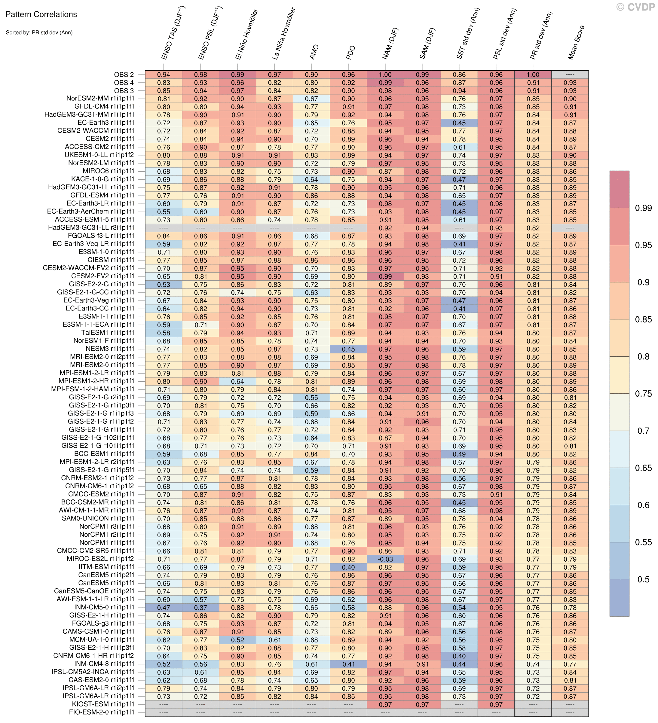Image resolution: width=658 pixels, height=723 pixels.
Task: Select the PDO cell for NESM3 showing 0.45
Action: click(348, 349)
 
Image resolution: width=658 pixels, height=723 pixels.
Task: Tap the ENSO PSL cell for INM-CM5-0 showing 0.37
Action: click(200, 608)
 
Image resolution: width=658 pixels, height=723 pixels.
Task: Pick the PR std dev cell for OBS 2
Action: click(533, 75)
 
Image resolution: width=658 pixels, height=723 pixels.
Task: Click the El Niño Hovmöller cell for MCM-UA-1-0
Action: click(237, 640)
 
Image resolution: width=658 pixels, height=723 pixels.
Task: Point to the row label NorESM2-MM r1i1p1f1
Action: click(100, 99)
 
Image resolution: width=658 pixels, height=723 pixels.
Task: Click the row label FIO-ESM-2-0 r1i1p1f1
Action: click(102, 712)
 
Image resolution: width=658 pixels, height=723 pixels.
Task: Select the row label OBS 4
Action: click(124, 82)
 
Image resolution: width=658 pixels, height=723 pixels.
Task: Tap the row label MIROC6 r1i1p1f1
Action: click(108, 171)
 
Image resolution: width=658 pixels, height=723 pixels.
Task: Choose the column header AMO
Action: click(314, 52)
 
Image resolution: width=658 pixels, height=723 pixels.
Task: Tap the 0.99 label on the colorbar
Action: click(643, 208)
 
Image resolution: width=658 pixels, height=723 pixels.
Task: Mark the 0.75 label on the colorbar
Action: click(643, 394)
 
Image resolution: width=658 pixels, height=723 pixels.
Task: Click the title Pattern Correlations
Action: click(41, 14)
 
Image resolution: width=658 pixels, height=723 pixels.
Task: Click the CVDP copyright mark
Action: click(635, 7)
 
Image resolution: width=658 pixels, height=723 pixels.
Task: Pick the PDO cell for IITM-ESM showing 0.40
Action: click(348, 567)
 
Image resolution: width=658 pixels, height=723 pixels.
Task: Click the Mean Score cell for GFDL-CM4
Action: click(570, 107)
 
